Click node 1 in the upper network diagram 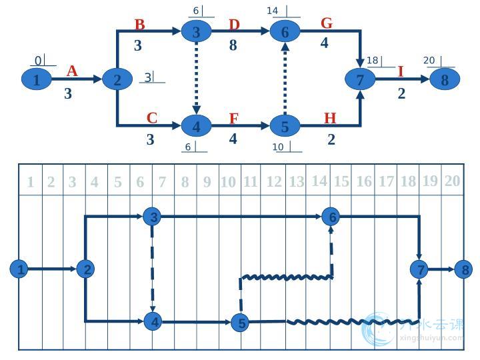37,80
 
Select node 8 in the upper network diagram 445,79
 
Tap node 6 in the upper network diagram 285,31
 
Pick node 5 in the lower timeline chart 241,323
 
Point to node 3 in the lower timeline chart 154,217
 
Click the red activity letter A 72,71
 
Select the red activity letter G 327,23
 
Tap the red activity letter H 330,119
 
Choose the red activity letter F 233,119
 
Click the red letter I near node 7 401,71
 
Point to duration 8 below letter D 233,45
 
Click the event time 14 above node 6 272,11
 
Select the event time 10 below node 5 278,147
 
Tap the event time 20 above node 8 429,61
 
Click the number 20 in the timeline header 452,181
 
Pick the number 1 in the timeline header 30,182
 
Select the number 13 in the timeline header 296,181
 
